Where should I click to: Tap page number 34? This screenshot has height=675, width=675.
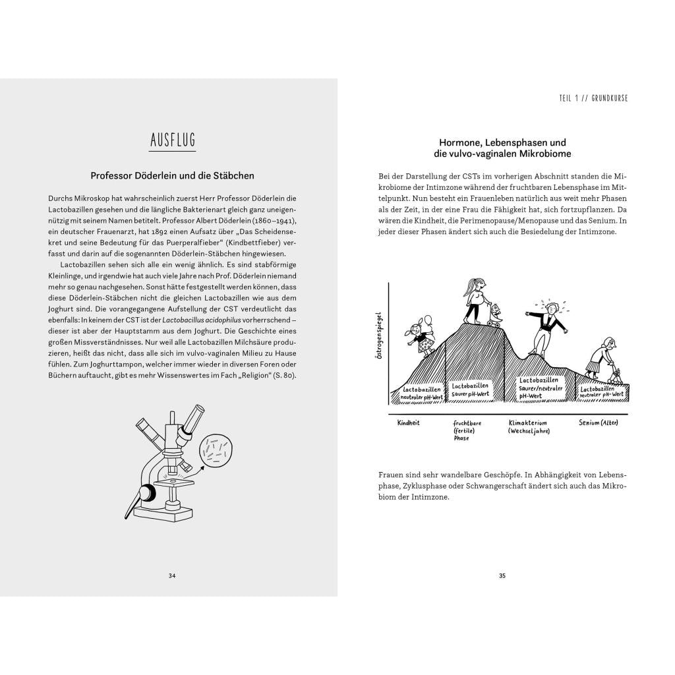pos(172,575)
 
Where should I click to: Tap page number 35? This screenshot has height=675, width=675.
pos(502,575)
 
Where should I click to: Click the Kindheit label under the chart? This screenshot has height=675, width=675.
pos(409,423)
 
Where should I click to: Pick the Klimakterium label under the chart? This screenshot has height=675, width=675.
pos(529,423)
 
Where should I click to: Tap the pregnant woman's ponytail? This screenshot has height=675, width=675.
pos(469,288)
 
